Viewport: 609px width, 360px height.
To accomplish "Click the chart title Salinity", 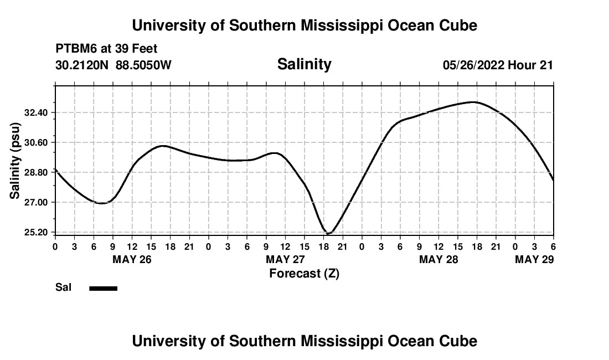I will [304, 64].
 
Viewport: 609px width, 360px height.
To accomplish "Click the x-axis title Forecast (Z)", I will [304, 273].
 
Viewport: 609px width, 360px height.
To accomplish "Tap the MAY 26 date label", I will [132, 260].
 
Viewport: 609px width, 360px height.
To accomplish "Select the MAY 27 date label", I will [285, 260].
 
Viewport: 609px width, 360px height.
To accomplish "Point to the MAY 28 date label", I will [438, 260].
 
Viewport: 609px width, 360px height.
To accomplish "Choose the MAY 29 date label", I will [534, 260].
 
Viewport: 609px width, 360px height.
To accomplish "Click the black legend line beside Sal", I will [104, 288].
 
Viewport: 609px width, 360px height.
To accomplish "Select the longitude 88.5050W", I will [143, 65].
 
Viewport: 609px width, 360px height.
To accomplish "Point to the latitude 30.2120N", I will [82, 65].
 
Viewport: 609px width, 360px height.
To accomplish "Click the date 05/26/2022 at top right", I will [473, 65].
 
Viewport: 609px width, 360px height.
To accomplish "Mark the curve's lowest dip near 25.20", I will [328, 234].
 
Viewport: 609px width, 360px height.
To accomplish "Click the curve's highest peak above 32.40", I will [473, 102].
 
